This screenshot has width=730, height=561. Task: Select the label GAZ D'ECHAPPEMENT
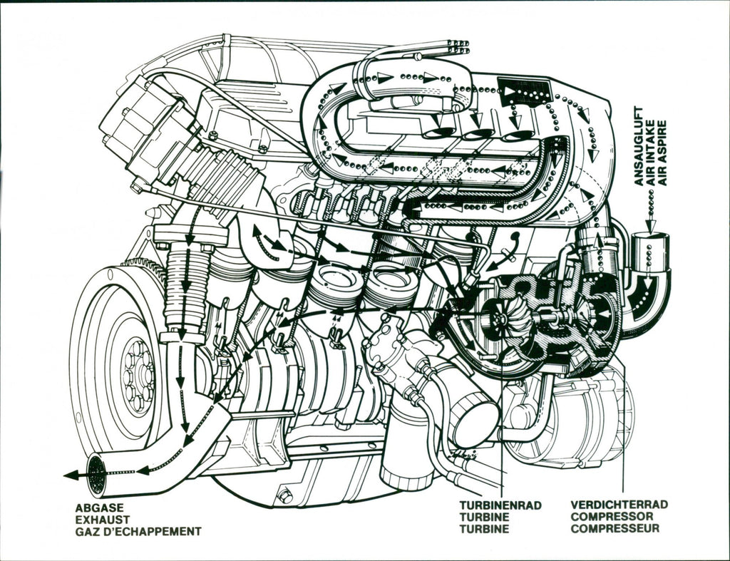tap(138, 531)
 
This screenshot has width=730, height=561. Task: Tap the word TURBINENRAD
tap(500, 505)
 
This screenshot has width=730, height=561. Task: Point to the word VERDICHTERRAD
tap(619, 505)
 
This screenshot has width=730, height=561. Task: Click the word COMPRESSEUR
tap(615, 528)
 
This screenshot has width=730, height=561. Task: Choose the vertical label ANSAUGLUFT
tap(639, 146)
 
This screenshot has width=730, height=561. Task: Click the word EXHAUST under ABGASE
tap(103, 519)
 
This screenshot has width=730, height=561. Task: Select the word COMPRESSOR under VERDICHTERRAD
tap(612, 516)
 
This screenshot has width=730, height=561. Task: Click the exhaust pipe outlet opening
tap(95, 474)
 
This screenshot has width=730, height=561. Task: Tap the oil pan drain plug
tap(284, 495)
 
